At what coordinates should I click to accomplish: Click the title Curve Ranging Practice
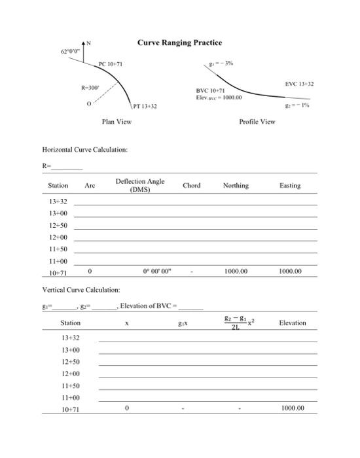coord(179,43)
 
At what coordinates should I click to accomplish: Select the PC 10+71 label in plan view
coord(111,64)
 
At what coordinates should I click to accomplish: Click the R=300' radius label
coord(90,87)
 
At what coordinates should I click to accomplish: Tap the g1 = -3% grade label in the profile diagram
coord(220,63)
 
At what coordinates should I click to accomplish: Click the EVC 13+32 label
coord(299,84)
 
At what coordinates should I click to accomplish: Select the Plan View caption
coord(117,122)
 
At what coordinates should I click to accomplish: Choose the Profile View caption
coord(257,122)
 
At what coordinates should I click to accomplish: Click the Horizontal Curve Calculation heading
coord(84,150)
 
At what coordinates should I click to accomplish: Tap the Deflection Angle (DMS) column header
coord(139,185)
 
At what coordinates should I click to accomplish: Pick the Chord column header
coord(191,186)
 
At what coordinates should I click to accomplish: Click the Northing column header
coord(236,186)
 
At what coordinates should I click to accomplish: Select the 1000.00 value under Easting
coord(290,271)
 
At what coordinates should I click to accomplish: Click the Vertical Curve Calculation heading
coord(81,289)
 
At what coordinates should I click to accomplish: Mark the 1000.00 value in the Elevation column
coord(293,408)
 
